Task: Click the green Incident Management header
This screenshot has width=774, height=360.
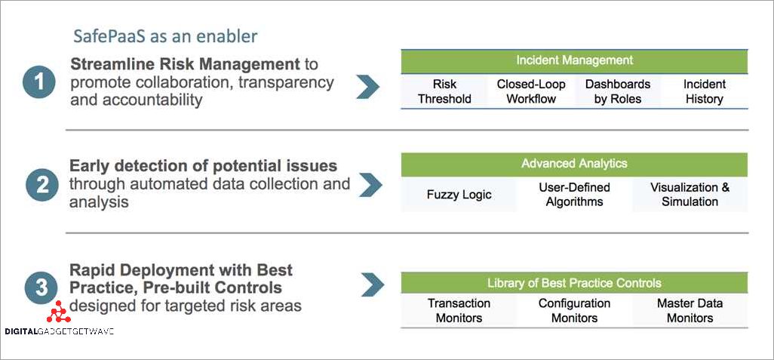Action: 574,60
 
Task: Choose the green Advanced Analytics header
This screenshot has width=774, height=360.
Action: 574,164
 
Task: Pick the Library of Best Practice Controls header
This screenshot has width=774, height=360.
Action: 574,283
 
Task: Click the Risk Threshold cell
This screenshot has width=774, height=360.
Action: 444,91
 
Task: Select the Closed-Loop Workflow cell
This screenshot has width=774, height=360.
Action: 531,91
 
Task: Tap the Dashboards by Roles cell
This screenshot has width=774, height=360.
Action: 618,91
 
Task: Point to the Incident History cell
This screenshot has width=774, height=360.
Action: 704,91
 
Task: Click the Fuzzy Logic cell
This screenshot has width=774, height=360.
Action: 459,195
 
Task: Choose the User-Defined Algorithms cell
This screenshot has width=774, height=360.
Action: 574,195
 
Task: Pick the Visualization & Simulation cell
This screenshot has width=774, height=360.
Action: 690,195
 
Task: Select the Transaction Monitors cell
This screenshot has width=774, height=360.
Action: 459,310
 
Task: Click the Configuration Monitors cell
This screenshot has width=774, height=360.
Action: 574,310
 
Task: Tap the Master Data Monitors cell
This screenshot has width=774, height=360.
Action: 690,310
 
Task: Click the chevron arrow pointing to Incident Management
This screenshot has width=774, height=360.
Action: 367,86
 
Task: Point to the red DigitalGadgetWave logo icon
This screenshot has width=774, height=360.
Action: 57,312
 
